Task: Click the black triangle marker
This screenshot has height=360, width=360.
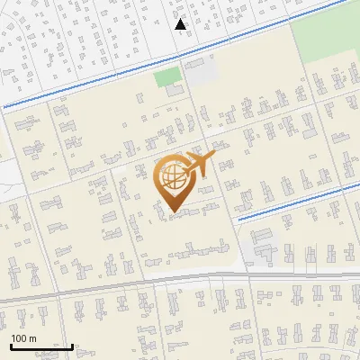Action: [x=181, y=24]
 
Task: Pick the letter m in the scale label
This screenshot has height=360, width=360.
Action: [x=32, y=338]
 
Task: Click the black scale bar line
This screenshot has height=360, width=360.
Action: [x=41, y=346]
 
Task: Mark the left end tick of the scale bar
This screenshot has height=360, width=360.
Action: [x=11, y=345]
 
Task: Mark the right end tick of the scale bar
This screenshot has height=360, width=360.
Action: [x=72, y=345]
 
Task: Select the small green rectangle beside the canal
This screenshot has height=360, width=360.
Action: [x=167, y=77]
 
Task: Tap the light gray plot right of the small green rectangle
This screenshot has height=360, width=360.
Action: [x=201, y=72]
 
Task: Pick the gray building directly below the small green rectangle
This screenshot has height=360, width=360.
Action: [x=174, y=92]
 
